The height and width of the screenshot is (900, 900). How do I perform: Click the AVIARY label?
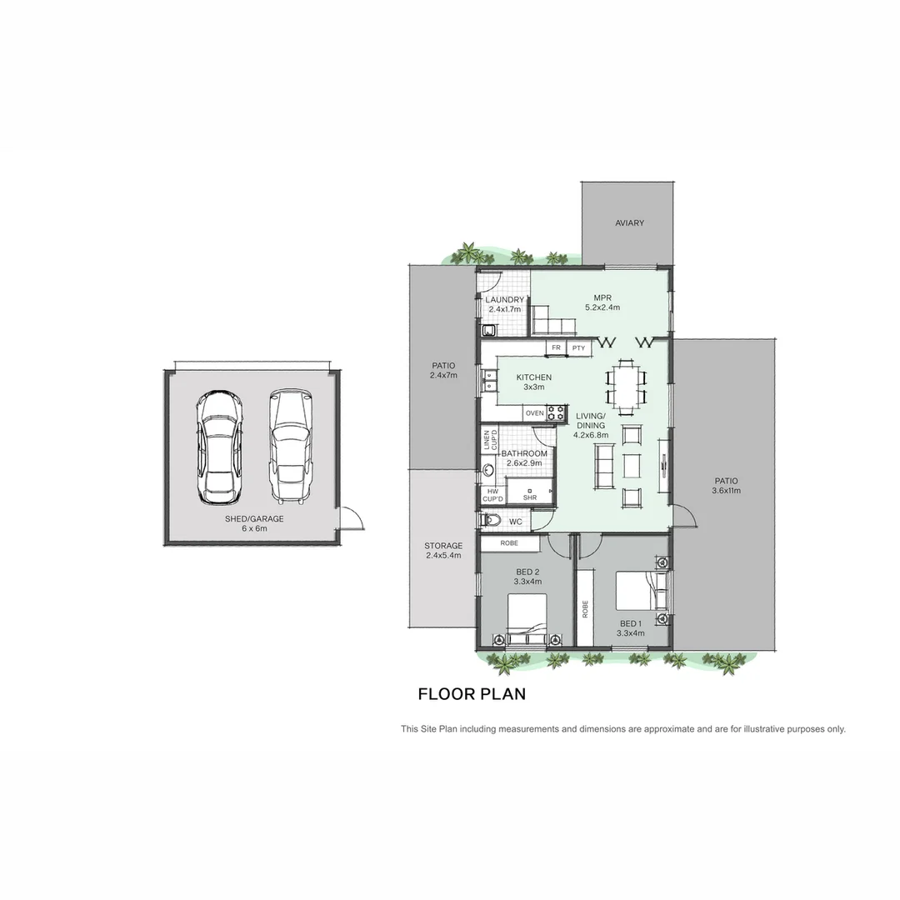[x=629, y=223]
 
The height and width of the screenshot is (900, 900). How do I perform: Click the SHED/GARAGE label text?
[x=254, y=519]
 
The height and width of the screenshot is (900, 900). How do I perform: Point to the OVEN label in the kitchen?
[x=534, y=413]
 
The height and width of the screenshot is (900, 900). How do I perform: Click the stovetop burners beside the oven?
[x=556, y=412]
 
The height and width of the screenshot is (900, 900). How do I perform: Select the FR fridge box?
[x=556, y=347]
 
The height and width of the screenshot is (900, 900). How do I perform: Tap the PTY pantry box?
[x=578, y=347]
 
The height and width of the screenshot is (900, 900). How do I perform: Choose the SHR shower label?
[x=530, y=497]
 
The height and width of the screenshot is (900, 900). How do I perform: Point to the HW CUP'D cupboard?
[x=492, y=495]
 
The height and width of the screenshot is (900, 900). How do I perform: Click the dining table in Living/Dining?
[x=626, y=387]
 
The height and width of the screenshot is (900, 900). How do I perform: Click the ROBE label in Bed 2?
[x=509, y=543]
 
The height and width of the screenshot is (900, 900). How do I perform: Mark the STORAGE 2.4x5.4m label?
[x=443, y=550]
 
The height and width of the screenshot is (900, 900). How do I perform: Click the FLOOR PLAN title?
[x=472, y=693]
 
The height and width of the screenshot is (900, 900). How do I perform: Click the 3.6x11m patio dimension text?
[x=726, y=491]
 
